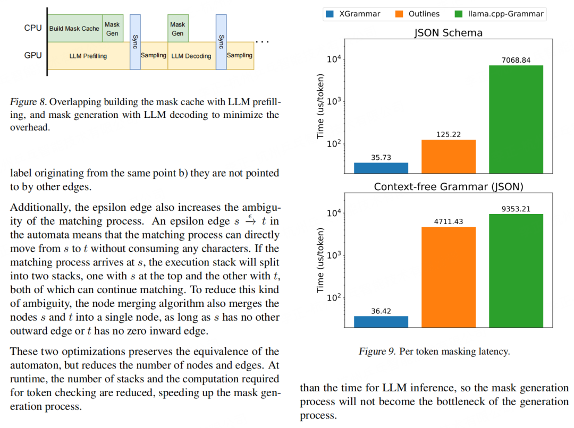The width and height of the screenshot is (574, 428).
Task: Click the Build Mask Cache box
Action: tap(74, 28)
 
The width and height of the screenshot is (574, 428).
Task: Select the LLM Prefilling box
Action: tap(88, 56)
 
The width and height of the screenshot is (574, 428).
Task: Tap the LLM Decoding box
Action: tap(191, 56)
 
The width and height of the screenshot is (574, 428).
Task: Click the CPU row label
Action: tap(33, 28)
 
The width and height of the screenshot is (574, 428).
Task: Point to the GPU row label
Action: tap(33, 55)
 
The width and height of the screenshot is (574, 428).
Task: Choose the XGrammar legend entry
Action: tap(353, 14)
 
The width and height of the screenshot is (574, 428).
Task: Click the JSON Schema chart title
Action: tap(448, 33)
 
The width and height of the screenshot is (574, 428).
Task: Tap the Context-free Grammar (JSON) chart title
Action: tap(448, 187)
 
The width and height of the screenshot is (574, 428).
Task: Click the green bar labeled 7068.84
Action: tap(516, 119)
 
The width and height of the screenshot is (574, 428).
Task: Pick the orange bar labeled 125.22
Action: tap(449, 156)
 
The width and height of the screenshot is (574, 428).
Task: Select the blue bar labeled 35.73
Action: tap(381, 168)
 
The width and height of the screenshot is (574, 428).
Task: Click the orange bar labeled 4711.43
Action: tap(449, 277)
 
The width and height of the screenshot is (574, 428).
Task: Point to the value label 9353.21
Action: tap(516, 209)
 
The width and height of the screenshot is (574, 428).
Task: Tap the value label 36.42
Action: tap(381, 311)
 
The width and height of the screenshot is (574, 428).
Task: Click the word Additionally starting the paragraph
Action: tap(36, 207)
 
